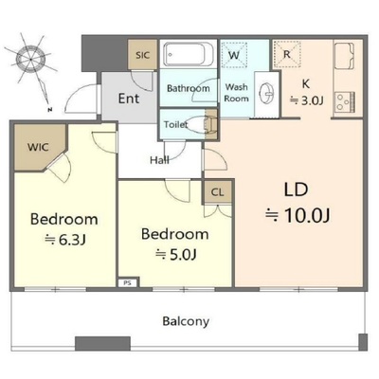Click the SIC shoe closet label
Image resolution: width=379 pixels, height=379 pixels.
tap(142, 55)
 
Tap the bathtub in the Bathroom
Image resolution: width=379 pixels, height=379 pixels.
tap(189, 54)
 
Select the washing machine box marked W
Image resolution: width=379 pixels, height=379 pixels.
tap(234, 54)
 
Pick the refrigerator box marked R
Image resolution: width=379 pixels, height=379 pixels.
tap(286, 54)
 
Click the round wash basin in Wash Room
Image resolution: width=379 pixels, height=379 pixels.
tap(267, 94)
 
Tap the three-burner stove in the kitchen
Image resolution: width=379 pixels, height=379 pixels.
tap(345, 101)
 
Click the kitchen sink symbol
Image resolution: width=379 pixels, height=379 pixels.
tap(344, 56)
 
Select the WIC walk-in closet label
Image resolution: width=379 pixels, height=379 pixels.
tap(38, 147)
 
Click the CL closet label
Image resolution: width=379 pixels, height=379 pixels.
tap(217, 192)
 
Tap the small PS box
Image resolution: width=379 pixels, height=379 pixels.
tap(127, 283)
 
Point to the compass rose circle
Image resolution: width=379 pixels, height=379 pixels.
tap(30, 59)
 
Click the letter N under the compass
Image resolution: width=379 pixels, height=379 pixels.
tap(49, 110)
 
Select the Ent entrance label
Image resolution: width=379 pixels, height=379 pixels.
tap(129, 99)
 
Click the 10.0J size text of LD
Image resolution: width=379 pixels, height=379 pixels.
tap(307, 216)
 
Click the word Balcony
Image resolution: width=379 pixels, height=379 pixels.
tap(186, 321)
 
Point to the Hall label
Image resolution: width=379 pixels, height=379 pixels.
tap(159, 160)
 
